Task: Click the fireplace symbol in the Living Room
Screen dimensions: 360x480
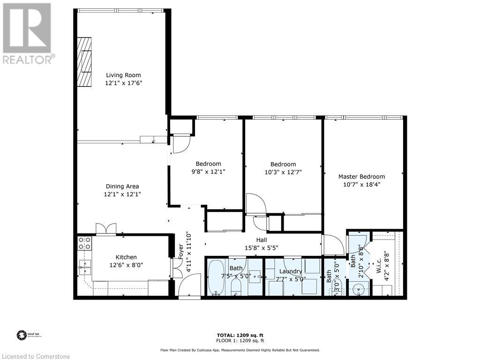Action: (85, 61)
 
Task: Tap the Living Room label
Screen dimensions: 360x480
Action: (123, 75)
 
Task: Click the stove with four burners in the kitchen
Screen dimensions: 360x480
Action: (84, 243)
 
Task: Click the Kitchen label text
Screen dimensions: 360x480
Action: (126, 257)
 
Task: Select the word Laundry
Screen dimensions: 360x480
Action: (291, 271)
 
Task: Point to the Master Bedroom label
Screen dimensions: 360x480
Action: (361, 177)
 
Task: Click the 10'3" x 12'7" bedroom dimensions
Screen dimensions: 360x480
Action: (283, 172)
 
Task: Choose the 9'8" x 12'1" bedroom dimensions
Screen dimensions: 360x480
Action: (208, 172)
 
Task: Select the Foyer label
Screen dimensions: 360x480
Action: (180, 252)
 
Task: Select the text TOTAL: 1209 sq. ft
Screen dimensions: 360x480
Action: (240, 335)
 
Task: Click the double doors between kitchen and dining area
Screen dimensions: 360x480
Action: (106, 228)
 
